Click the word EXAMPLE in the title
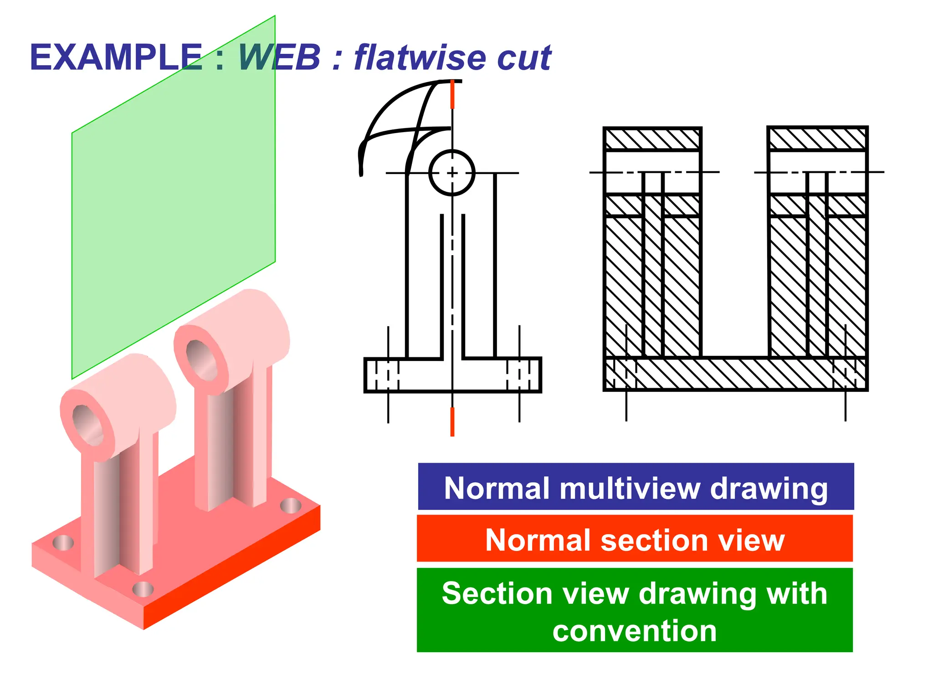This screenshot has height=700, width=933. [x=116, y=58]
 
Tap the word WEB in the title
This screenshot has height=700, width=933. [x=279, y=58]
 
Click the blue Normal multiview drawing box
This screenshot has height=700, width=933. [x=636, y=487]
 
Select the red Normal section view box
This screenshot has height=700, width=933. [x=635, y=539]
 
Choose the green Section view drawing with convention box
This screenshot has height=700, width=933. [x=635, y=610]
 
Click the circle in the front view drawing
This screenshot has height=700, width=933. [x=452, y=173]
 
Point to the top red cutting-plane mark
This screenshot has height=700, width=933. [x=452, y=95]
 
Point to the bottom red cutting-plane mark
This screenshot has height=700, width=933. [x=452, y=422]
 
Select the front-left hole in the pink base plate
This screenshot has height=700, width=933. [x=63, y=543]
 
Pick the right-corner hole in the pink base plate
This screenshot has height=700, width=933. [x=290, y=505]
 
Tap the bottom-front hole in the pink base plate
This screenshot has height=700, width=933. [x=143, y=589]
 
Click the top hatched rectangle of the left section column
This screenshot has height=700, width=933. [x=652, y=139]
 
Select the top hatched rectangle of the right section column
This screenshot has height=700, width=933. [x=817, y=139]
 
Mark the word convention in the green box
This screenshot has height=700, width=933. [x=635, y=631]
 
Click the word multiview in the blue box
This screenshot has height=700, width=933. [x=631, y=489]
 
